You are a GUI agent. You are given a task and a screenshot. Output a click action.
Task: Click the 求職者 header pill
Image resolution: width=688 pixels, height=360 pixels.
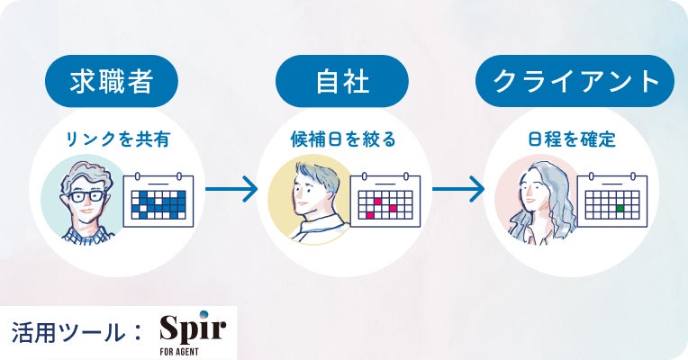[x=111, y=82]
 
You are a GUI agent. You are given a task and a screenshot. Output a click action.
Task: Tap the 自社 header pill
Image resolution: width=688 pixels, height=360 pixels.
[x=339, y=82]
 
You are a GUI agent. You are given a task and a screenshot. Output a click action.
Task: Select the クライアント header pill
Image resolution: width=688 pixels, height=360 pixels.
[x=575, y=82]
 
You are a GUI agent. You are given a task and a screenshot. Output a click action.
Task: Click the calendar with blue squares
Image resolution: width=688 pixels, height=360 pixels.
[x=159, y=199]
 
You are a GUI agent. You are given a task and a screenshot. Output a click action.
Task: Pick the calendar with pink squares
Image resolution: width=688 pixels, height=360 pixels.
[x=386, y=199]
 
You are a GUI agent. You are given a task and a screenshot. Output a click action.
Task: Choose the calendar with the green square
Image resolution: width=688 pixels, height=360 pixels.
[x=613, y=199]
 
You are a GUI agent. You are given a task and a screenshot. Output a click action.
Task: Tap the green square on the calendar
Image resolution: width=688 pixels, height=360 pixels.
[x=620, y=208]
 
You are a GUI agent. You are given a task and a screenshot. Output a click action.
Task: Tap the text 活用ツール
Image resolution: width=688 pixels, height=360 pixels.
[x=68, y=331]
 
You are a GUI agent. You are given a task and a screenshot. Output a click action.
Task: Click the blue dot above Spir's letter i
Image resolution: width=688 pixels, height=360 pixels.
[x=204, y=313]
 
